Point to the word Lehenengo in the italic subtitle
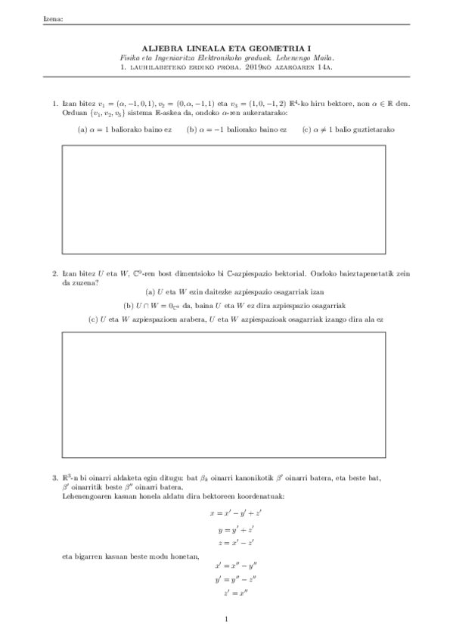[283, 57]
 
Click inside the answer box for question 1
[223, 199]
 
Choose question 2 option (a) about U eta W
[225, 292]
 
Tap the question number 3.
[54, 478]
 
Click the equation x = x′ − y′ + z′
[227, 513]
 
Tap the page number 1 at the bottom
[226, 619]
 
